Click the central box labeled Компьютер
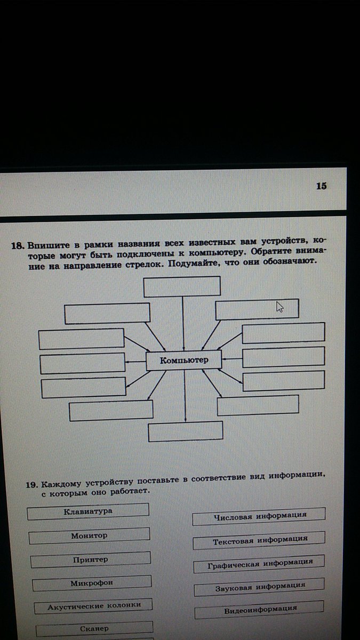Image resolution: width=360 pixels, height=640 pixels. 184,361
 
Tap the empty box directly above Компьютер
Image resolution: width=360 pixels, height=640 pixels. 182,286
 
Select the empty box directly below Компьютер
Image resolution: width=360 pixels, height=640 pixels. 185,431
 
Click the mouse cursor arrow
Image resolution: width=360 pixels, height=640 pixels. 279,307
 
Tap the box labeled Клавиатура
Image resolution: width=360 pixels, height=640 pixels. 88,511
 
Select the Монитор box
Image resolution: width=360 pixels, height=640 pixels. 89,535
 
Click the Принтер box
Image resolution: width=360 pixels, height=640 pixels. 90,559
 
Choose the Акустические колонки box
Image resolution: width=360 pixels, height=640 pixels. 94,606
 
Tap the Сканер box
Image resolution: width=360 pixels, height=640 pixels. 94,628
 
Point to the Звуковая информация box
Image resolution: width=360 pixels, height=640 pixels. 259,586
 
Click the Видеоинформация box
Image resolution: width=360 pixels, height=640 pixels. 259,609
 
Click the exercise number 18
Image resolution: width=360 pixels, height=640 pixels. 18,245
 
